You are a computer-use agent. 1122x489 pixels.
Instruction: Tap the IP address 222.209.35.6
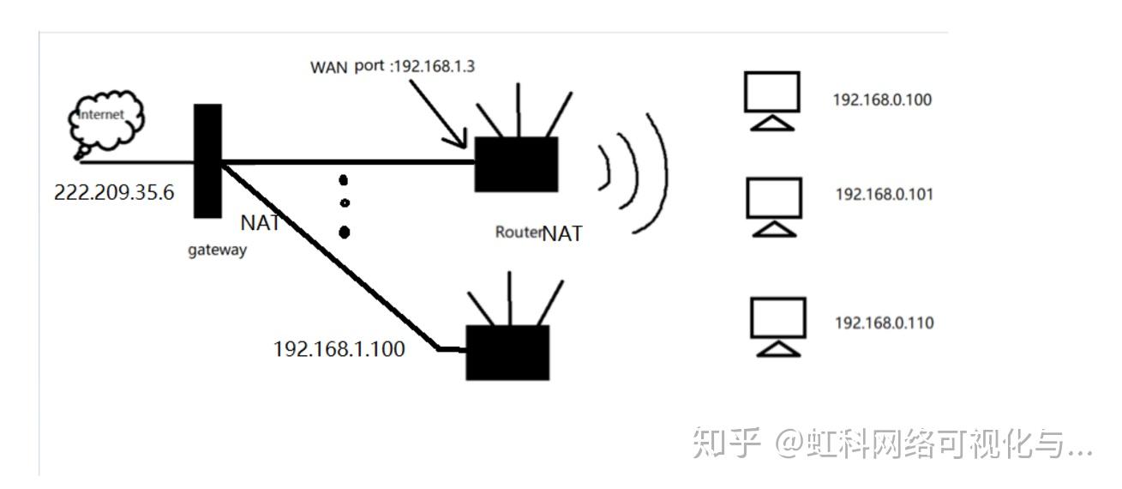(x=114, y=192)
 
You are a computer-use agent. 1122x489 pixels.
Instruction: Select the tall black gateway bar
(x=207, y=160)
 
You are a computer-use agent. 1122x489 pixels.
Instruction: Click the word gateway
(x=218, y=251)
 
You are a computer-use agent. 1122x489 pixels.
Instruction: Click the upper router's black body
(x=516, y=164)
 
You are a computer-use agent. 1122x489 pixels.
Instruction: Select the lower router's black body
(x=507, y=352)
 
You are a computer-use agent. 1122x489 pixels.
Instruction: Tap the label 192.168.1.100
(x=339, y=349)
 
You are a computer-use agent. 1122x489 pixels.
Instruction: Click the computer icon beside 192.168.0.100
(x=771, y=99)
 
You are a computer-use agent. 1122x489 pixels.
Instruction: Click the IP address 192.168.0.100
(x=882, y=100)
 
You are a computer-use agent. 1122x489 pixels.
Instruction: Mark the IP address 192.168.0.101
(x=884, y=195)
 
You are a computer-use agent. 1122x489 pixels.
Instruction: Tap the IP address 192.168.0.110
(x=884, y=323)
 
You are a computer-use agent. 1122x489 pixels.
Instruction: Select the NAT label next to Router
(x=562, y=232)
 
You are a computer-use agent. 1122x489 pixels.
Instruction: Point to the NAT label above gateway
(x=261, y=224)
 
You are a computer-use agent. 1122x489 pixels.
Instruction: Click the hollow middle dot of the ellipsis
(x=344, y=203)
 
